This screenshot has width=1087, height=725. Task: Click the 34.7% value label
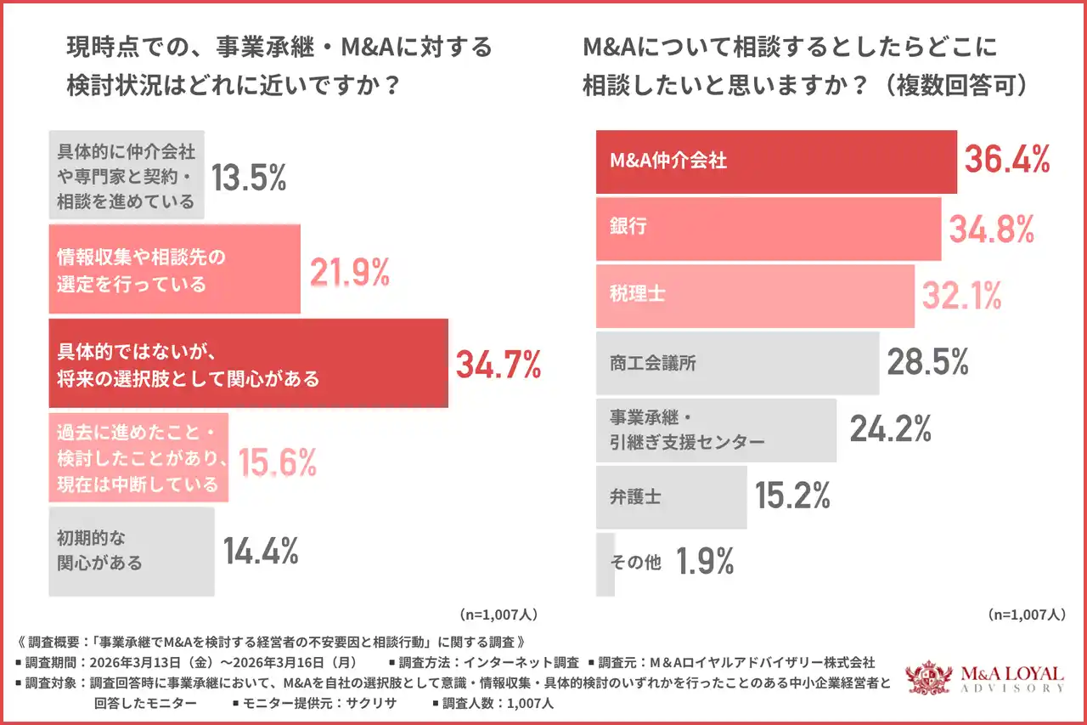coord(498,364)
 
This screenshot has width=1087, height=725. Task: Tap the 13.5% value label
coord(248,177)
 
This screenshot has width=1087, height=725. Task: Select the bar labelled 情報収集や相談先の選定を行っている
coord(174,269)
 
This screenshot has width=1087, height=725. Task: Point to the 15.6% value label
coord(278,462)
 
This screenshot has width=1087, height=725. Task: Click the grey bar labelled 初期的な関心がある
coord(132,551)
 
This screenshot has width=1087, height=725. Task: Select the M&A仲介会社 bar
coord(776,161)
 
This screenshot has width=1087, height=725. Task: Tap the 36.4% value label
coord(1005,159)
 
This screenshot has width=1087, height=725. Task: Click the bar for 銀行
coord(769,229)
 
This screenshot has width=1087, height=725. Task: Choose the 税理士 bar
coord(755,296)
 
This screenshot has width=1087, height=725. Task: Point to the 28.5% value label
coord(927,362)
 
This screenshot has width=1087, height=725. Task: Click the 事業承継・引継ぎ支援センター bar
coord(716,430)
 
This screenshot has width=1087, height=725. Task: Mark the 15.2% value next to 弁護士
coord(792,496)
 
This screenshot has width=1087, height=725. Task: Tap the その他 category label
coord(636,562)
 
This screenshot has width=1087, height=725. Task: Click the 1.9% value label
coord(705,562)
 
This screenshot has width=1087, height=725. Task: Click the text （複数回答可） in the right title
coord(954,86)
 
